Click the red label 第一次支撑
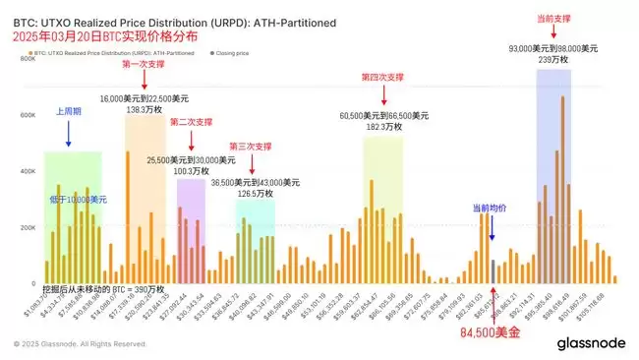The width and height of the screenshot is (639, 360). click(x=143, y=64)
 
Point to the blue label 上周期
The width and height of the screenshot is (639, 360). click(x=69, y=112)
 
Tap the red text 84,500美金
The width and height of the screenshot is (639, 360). click(x=493, y=333)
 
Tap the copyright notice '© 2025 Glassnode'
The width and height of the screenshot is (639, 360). click(x=81, y=344)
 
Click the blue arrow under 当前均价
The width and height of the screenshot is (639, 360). click(x=493, y=229)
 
